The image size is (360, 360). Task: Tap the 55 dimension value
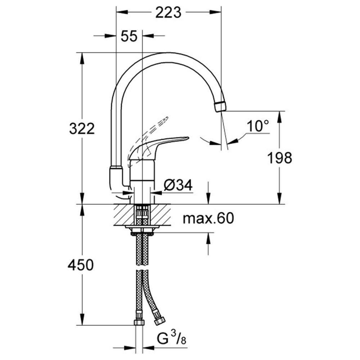pyautogui.click(x=129, y=36)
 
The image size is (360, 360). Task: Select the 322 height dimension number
pyautogui.click(x=82, y=129)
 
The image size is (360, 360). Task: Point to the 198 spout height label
pyautogui.click(x=280, y=158)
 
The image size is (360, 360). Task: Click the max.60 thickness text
pyautogui.click(x=208, y=218)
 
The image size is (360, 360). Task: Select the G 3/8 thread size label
pyautogui.click(x=171, y=339)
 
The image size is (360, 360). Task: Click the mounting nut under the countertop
pyautogui.click(x=142, y=234)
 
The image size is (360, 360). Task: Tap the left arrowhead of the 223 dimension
pyautogui.click(x=122, y=12)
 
